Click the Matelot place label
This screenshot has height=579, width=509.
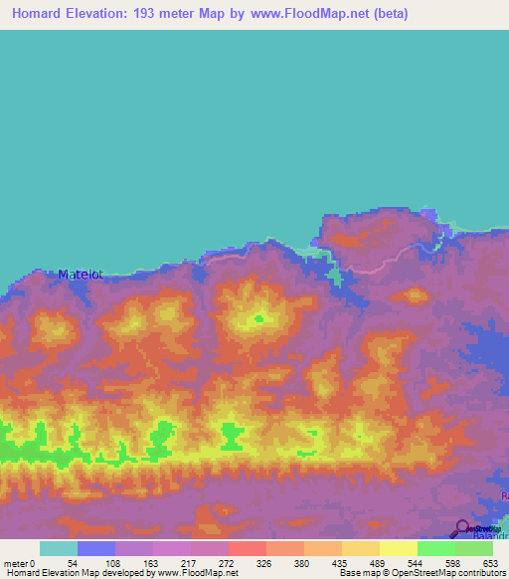[x=81, y=274]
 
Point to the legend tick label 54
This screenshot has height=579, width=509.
[x=72, y=564]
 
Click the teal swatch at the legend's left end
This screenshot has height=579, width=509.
[x=58, y=548]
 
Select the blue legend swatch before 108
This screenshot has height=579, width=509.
[x=95, y=548]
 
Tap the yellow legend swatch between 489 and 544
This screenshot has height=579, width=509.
[x=398, y=548]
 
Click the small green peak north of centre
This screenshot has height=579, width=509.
[x=258, y=318]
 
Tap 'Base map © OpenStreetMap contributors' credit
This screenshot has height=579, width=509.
[x=421, y=573]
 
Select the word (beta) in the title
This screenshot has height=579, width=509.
[x=388, y=14]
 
